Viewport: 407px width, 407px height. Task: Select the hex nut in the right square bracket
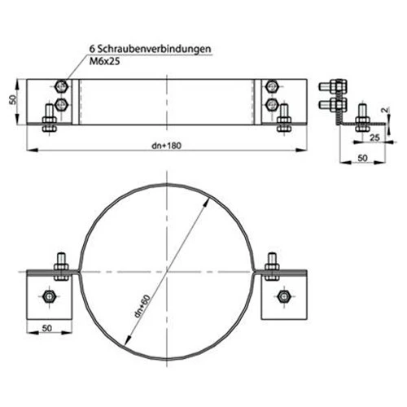[284, 295]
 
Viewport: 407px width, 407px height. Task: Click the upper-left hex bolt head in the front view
[61, 86]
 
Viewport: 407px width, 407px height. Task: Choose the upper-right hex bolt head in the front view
[272, 85]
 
